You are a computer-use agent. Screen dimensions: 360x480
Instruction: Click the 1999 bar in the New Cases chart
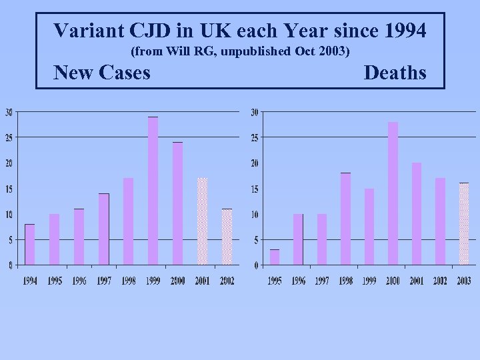(153, 191)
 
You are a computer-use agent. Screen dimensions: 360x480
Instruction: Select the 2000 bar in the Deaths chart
(393, 193)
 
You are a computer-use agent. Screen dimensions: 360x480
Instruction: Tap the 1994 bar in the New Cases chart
(30, 244)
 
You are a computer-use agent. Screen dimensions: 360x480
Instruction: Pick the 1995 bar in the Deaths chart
(275, 257)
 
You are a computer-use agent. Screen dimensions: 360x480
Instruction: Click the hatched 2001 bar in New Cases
(202, 221)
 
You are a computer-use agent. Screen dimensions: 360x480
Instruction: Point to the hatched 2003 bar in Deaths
(464, 223)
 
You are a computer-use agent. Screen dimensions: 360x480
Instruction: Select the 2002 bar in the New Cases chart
(227, 237)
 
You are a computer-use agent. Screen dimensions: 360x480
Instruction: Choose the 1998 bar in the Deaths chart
(345, 219)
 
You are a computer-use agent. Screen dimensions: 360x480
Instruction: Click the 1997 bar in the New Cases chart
(104, 229)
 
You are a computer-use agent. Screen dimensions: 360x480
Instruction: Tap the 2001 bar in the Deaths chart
(417, 213)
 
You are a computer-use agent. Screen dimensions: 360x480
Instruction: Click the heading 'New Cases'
(101, 72)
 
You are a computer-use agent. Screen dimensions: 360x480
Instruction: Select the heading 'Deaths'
(395, 72)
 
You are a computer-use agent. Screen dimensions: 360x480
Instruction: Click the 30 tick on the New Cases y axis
(8, 112)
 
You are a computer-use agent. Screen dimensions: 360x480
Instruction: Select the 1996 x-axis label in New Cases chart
(79, 281)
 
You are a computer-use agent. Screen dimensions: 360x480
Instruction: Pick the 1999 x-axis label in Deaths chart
(369, 281)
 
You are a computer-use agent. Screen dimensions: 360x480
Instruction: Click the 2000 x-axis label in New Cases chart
(177, 281)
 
